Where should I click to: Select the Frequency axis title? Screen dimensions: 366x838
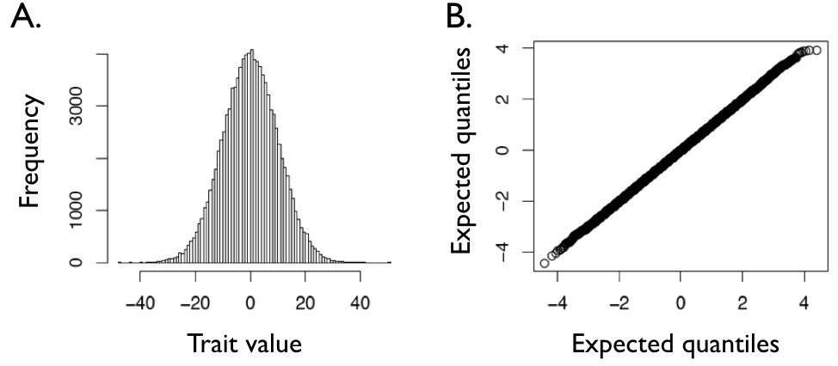click(x=30, y=151)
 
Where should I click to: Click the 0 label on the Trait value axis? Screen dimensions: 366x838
click(x=250, y=302)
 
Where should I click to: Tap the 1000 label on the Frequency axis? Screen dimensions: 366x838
click(x=77, y=210)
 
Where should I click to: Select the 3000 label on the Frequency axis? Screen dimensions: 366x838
click(x=77, y=106)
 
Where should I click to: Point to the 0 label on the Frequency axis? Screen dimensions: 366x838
click(x=77, y=262)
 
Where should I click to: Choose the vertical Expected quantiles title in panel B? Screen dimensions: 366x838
click(x=465, y=151)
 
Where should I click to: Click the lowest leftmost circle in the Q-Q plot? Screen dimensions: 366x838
click(x=544, y=263)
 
